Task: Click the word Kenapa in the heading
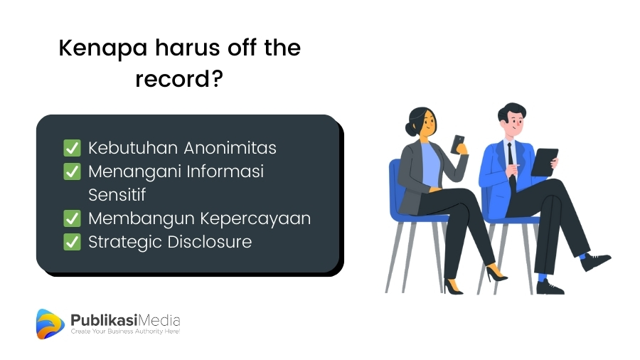(x=103, y=48)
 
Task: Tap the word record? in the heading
(x=179, y=79)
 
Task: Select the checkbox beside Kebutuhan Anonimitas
(x=73, y=148)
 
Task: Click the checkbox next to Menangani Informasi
(x=73, y=171)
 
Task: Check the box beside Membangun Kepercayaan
(x=73, y=218)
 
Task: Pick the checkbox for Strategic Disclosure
(x=73, y=242)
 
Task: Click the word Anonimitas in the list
(x=230, y=148)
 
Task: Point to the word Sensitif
(x=117, y=195)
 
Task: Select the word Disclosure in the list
(x=210, y=242)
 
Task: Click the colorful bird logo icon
(x=50, y=324)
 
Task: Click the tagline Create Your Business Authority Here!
(x=125, y=332)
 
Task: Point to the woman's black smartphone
(x=457, y=144)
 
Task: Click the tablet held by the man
(x=544, y=162)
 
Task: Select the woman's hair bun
(x=410, y=129)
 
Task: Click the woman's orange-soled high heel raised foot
(x=496, y=272)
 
